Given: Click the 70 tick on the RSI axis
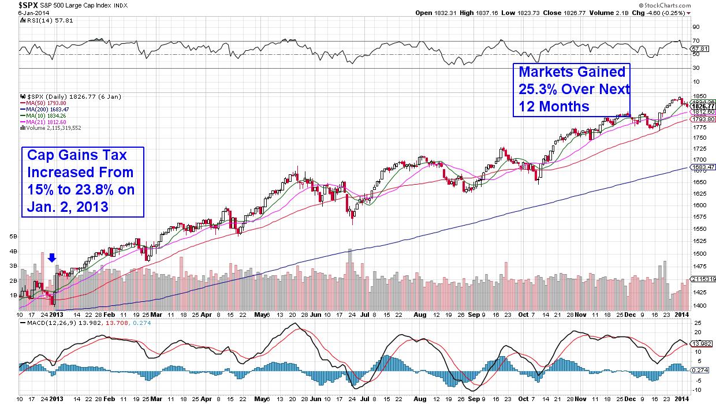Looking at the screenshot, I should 696,41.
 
